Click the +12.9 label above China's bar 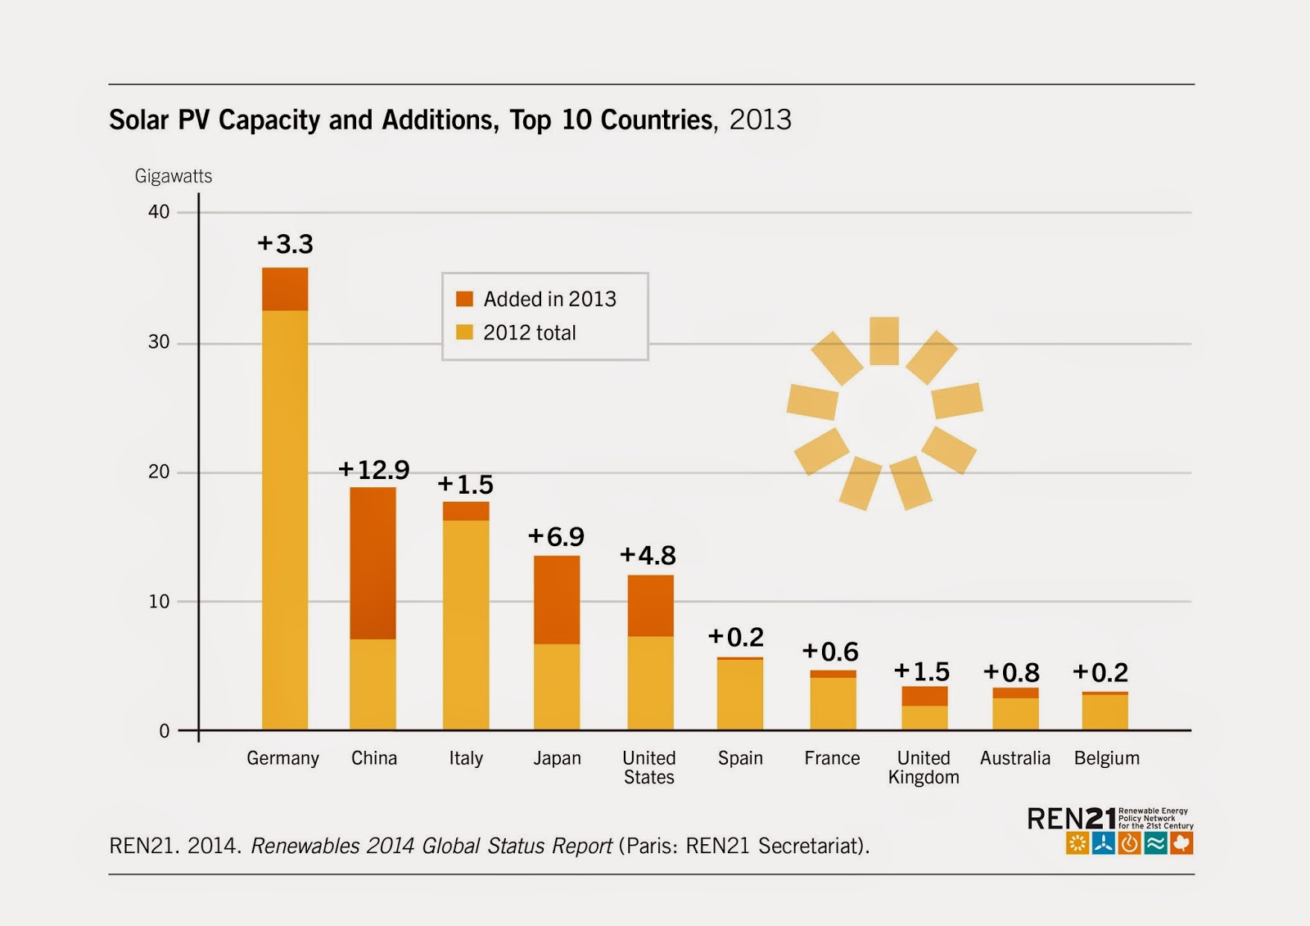(x=373, y=470)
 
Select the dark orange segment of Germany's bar (x=285, y=289)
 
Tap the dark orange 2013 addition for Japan (x=557, y=599)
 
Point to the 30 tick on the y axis (x=159, y=342)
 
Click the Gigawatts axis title (x=174, y=176)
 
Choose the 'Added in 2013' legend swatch (x=464, y=299)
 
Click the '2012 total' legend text (x=530, y=332)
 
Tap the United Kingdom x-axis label (x=924, y=768)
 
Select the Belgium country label (x=1107, y=758)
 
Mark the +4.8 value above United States (x=648, y=555)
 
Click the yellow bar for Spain (x=740, y=694)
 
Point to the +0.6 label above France (x=830, y=652)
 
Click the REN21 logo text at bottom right (x=1071, y=818)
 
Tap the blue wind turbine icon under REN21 (x=1104, y=843)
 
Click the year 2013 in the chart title (x=761, y=120)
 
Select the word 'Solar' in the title (x=139, y=120)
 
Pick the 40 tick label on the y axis (x=159, y=212)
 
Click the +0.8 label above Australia (x=1011, y=673)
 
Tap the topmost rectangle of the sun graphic (x=884, y=341)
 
